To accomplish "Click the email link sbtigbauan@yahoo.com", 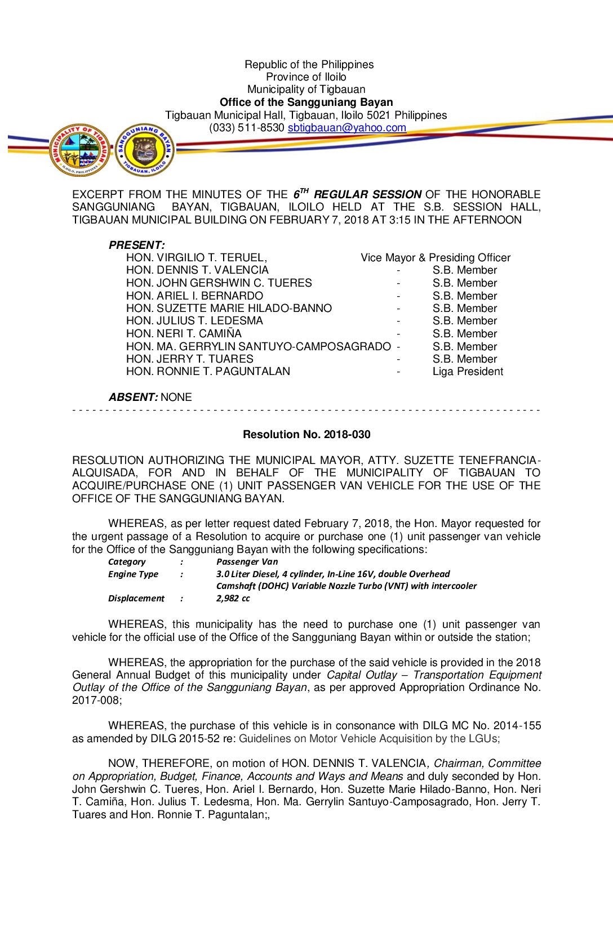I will (347, 128).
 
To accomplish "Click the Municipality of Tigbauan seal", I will (79, 150).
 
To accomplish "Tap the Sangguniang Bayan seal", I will (145, 150).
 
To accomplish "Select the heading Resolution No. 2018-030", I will (306, 434).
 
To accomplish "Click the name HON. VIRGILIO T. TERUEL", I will (197, 258).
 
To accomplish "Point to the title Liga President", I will (468, 372).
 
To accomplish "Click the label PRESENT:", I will (137, 245).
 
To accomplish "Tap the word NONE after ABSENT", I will (176, 397).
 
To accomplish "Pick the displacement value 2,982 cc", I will (233, 598).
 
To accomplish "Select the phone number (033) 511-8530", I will (247, 128).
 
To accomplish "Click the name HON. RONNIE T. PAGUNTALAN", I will (208, 372).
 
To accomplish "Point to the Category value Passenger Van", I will (247, 561).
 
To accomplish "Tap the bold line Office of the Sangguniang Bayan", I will (306, 102).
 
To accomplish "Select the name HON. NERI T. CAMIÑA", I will (184, 334).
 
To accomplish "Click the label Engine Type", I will (133, 574).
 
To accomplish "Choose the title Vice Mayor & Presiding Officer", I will (436, 258).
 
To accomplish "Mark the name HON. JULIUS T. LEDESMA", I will (194, 321).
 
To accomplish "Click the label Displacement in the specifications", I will (136, 598).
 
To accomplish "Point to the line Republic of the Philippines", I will (309, 65).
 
